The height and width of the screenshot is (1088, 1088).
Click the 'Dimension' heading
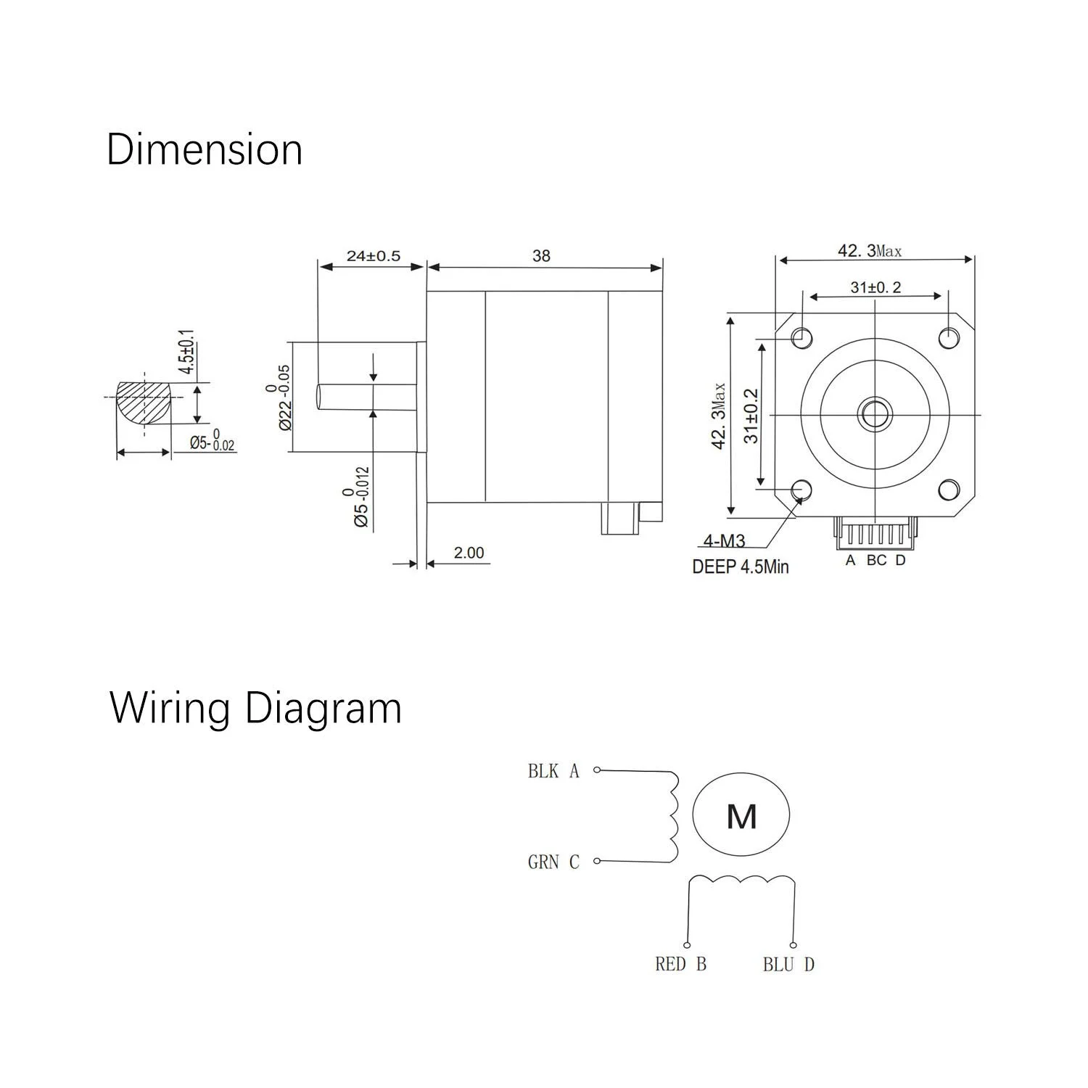pos(204,150)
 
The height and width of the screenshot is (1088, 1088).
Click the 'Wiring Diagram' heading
pos(255,709)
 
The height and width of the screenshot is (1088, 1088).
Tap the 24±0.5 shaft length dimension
pos(373,256)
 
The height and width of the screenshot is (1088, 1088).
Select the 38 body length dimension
pos(541,256)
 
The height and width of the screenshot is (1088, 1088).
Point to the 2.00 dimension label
pos(469,553)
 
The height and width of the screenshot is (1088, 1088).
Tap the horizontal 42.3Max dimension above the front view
pos(870,251)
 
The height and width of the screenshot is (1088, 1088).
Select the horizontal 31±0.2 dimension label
pos(875,287)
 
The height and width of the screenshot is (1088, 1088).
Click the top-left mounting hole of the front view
pos(802,337)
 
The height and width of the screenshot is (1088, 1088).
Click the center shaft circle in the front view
pos(875,414)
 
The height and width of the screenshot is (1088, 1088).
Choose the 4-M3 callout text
pos(724,541)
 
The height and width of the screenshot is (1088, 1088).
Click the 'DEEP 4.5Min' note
pos(740,566)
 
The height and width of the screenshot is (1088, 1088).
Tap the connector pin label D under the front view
pos(900,560)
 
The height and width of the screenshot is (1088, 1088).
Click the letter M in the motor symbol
pos(741,817)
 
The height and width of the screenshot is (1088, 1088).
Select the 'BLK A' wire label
pos(553,771)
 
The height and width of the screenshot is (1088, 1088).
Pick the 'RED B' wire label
pos(680,964)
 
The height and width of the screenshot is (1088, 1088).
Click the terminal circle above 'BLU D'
pos(794,945)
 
